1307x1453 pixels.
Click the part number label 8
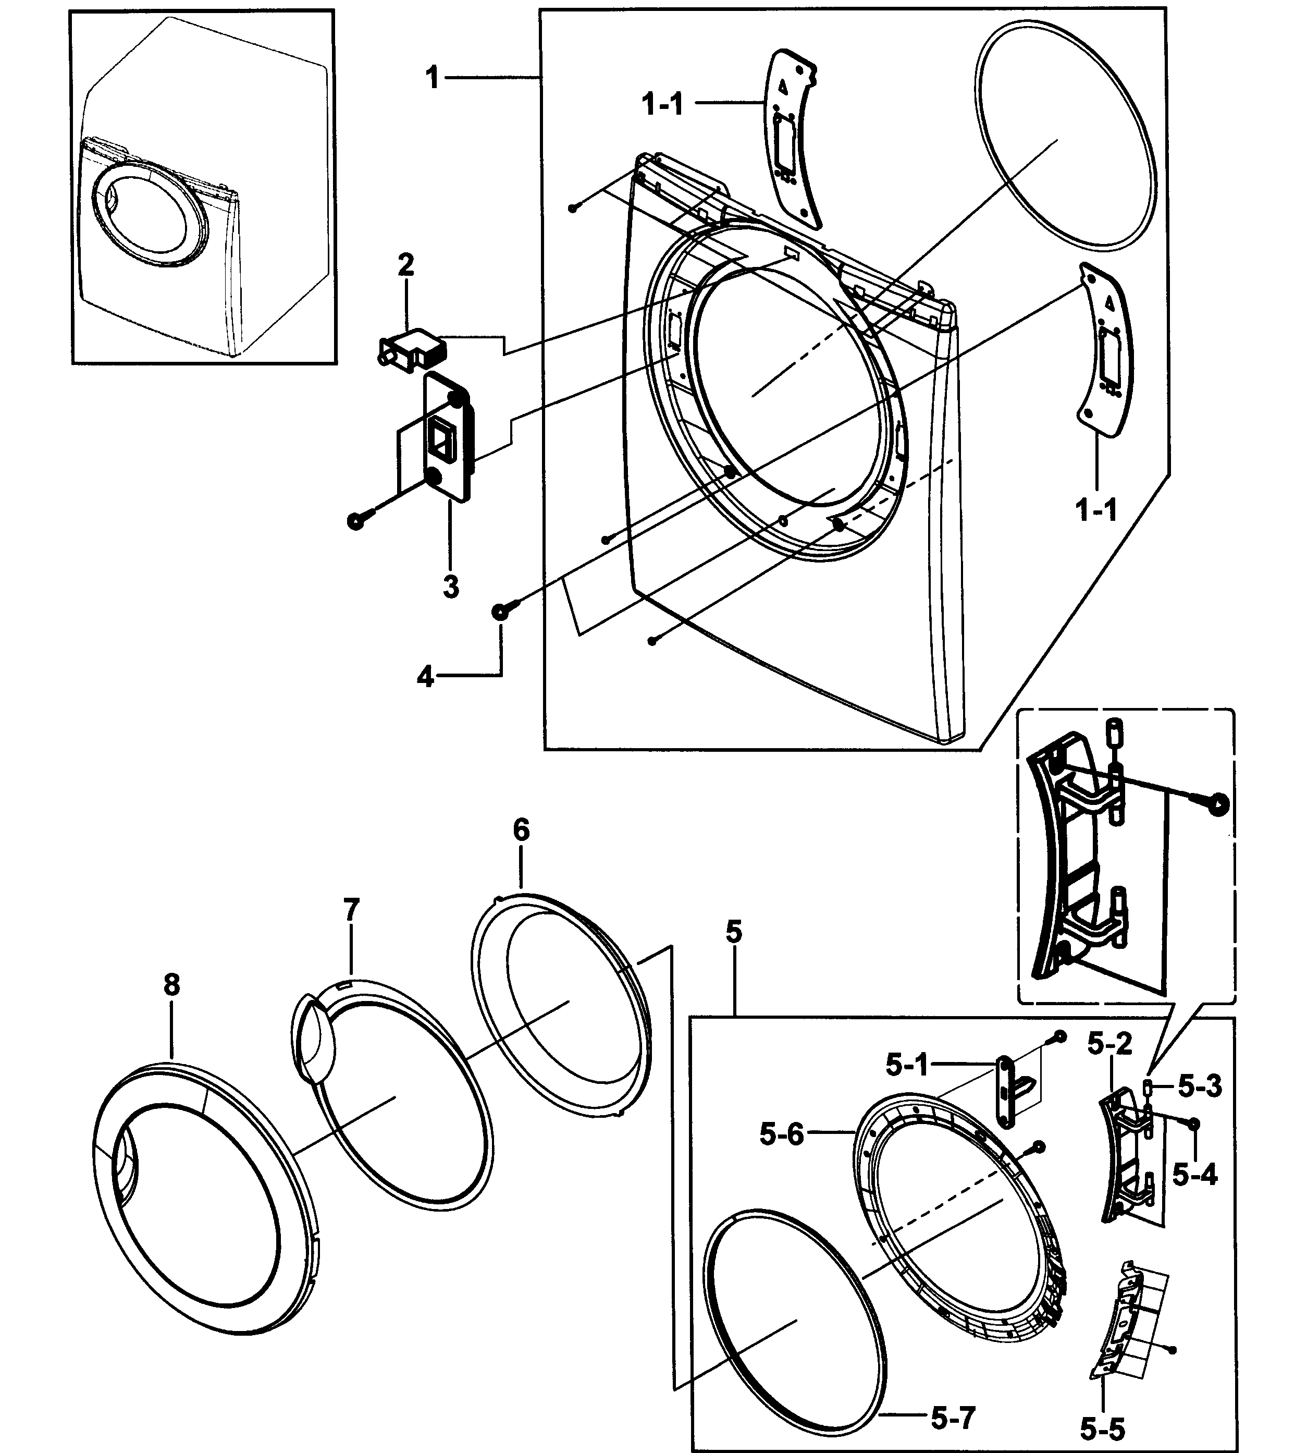click(x=171, y=985)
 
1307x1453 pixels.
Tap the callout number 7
click(x=350, y=911)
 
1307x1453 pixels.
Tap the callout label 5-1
click(x=907, y=1066)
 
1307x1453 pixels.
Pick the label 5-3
click(x=1200, y=1086)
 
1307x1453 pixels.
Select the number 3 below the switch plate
click(x=450, y=587)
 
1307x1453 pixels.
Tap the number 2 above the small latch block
click(x=406, y=265)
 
